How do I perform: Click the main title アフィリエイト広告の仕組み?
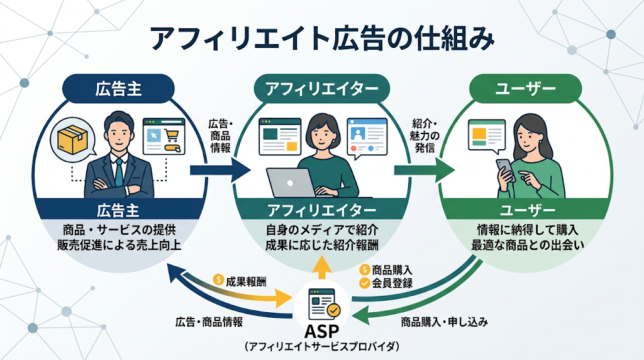coord(322,39)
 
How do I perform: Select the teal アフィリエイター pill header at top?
coord(322,89)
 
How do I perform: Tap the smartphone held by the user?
coord(505,169)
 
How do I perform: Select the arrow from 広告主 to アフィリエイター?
coord(220,169)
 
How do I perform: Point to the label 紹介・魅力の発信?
coord(425,135)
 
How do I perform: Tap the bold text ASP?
coord(322,331)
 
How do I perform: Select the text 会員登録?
coord(393,283)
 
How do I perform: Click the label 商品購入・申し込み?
coord(445,322)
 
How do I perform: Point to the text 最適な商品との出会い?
coord(528,245)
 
